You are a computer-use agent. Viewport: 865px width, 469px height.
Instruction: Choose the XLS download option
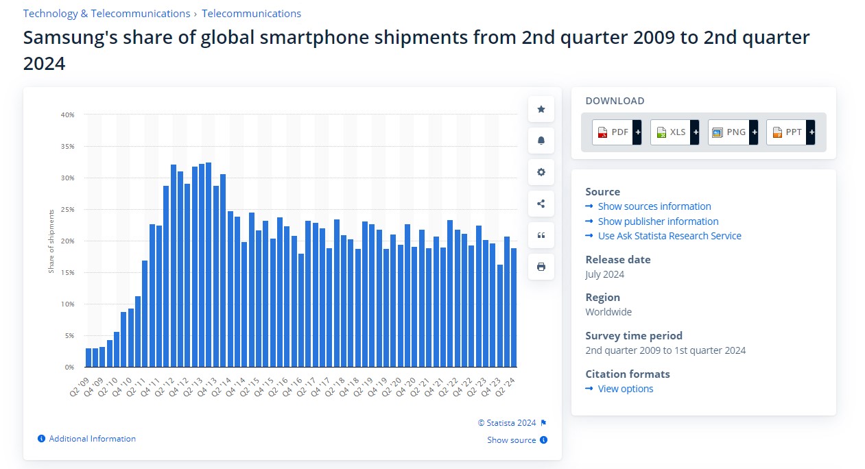tap(674, 132)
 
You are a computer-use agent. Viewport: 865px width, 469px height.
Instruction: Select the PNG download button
tap(733, 132)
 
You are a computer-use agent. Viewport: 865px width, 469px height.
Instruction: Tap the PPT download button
tap(790, 132)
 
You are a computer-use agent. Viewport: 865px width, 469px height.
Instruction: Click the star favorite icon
tap(541, 109)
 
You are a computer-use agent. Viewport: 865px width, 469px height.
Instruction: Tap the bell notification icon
tap(541, 141)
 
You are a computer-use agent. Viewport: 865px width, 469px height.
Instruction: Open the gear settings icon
tap(541, 172)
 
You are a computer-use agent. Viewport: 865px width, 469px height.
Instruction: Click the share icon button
tap(541, 204)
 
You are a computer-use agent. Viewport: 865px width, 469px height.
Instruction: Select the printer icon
tap(541, 267)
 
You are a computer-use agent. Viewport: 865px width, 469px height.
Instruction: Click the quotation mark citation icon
tap(541, 235)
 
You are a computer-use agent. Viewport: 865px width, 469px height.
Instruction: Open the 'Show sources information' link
tap(654, 206)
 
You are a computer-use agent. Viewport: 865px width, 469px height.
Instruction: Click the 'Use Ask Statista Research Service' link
tap(669, 236)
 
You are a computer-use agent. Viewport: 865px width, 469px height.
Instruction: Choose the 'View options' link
tap(625, 389)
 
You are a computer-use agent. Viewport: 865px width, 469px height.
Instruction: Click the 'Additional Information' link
tap(92, 439)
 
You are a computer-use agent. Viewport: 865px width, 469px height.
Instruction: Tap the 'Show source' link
tap(512, 440)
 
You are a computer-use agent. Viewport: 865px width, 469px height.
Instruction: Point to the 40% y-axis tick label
tap(67, 115)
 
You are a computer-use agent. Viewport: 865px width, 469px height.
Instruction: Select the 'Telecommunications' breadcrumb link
tap(251, 14)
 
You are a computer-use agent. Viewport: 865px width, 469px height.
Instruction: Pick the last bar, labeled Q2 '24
tap(514, 307)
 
